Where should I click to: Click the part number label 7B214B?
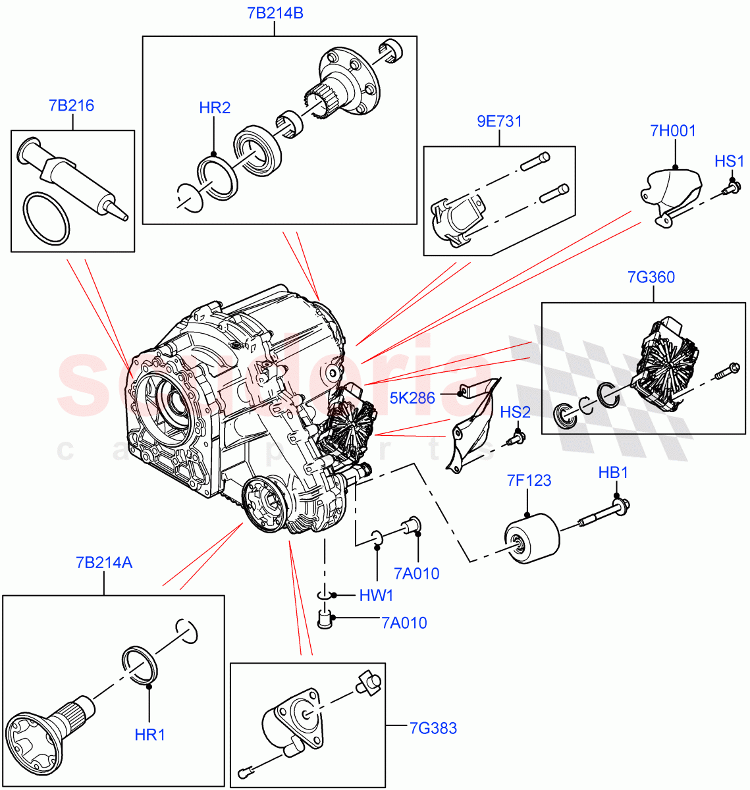(275, 13)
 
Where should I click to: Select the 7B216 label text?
(71, 105)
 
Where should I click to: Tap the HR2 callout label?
(215, 108)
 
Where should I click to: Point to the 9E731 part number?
(499, 122)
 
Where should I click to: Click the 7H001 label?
(673, 131)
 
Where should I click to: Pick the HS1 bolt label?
(730, 161)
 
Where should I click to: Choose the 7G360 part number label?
(651, 277)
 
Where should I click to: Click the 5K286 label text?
(412, 398)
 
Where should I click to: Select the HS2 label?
(515, 413)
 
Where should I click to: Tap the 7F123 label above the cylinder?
(529, 481)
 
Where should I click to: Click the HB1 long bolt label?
(613, 473)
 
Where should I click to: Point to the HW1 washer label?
(376, 596)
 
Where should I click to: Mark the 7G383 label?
(433, 728)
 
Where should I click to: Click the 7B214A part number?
(103, 563)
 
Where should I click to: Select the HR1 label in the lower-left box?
(149, 735)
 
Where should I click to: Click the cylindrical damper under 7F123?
(532, 539)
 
